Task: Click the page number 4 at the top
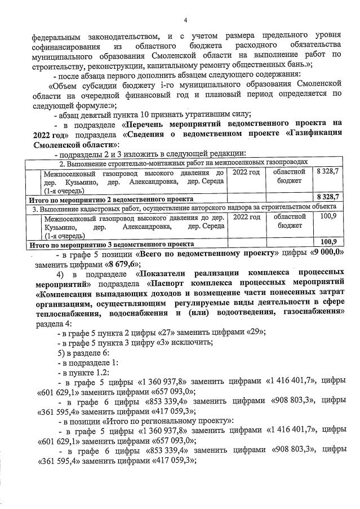click(x=185, y=20)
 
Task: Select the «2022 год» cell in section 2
click(x=246, y=172)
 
